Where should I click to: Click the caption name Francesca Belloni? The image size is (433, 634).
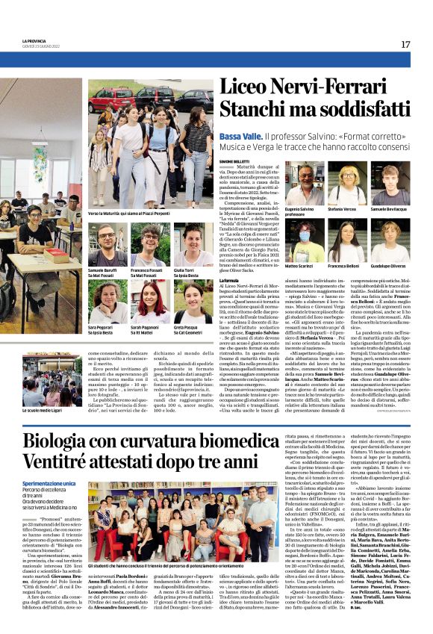(344, 266)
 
